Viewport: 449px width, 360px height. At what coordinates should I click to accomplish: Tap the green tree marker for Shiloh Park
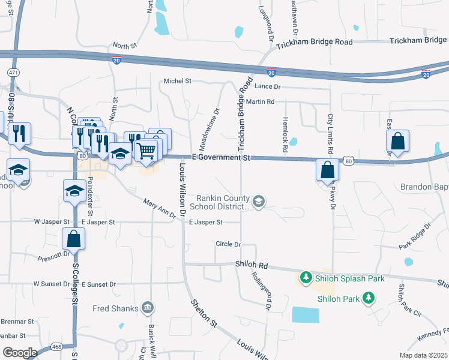click(x=369, y=297)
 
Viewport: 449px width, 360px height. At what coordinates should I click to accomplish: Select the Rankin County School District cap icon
click(x=259, y=201)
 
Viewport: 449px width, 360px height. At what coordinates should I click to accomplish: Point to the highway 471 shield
click(x=12, y=72)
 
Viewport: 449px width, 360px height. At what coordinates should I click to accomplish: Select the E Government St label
click(x=220, y=157)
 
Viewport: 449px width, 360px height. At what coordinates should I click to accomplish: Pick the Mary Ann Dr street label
click(x=159, y=208)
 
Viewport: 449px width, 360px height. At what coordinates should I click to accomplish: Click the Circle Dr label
click(x=228, y=244)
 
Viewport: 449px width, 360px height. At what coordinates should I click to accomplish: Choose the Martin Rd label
click(x=259, y=102)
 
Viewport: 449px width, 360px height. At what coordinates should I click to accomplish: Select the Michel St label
click(x=177, y=80)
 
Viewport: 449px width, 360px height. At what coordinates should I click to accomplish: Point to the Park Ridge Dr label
click(x=415, y=236)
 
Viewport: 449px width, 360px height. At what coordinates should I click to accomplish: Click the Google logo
click(x=20, y=353)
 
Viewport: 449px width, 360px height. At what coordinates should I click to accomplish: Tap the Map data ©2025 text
click(x=423, y=355)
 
